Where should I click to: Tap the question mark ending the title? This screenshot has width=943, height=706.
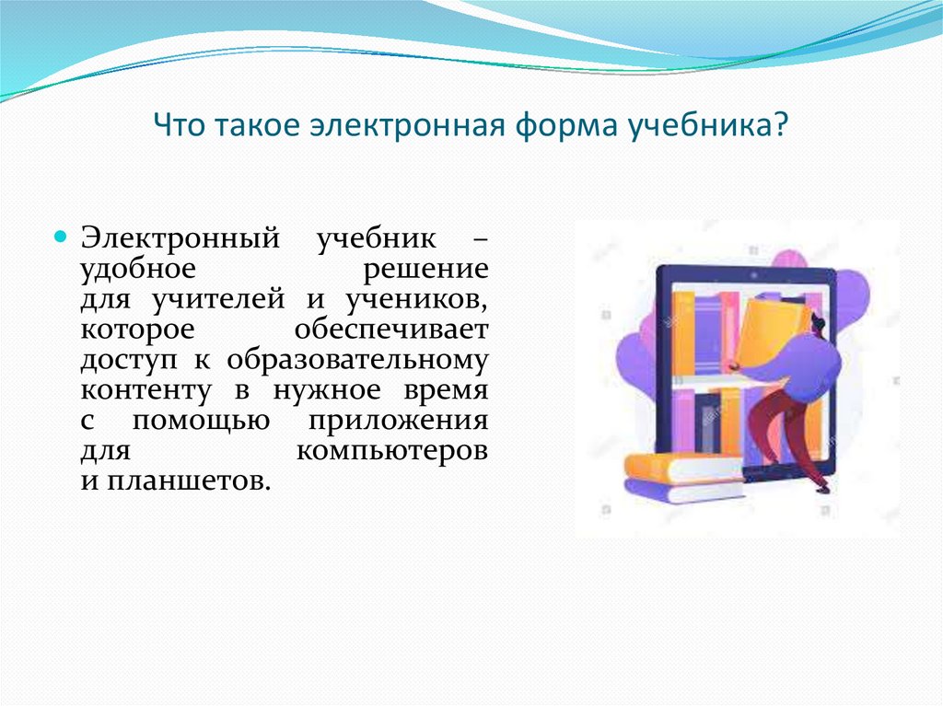(x=780, y=125)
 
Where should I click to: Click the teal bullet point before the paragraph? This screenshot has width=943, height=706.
(x=60, y=236)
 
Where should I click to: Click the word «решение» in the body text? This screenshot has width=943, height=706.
(x=425, y=269)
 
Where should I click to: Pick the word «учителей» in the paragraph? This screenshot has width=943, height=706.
(x=218, y=299)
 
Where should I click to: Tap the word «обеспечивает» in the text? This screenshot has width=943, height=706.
(x=391, y=329)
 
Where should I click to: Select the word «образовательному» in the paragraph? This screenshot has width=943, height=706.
(x=358, y=360)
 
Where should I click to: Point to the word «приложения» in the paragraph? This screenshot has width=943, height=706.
(x=398, y=421)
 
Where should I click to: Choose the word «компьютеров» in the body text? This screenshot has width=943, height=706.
(x=392, y=451)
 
